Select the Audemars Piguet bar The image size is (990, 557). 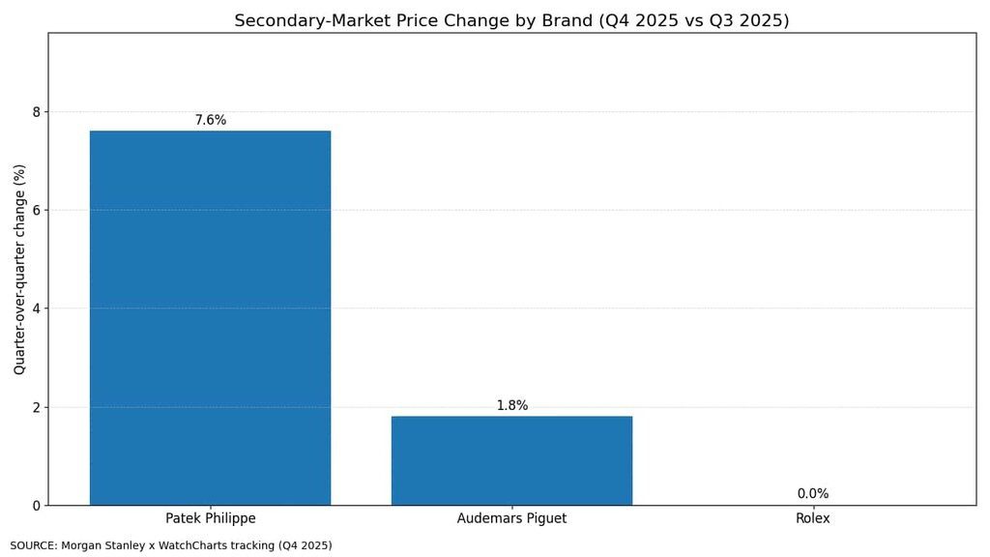511,460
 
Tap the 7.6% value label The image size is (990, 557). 210,120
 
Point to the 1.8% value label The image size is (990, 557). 511,405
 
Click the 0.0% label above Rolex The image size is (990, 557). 812,494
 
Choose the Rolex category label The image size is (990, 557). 812,518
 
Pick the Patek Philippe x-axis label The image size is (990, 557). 210,518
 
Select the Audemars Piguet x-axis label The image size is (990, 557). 511,518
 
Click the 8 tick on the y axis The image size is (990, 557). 37,112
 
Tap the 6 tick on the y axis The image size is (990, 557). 37,211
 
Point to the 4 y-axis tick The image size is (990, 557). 37,308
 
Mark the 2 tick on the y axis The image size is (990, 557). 37,407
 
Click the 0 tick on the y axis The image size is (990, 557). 37,506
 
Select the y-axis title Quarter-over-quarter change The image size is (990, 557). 19,269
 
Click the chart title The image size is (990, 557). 511,20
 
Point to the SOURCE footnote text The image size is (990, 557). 171,545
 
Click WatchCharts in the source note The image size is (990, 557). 234,545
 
